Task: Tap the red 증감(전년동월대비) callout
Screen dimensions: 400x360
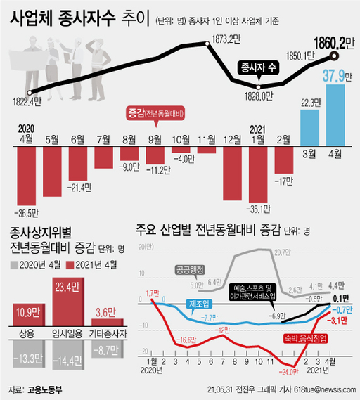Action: [x=155, y=113]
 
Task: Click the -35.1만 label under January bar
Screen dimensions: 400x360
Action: [x=259, y=208]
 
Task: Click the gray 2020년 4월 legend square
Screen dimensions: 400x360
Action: [x=14, y=264]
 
